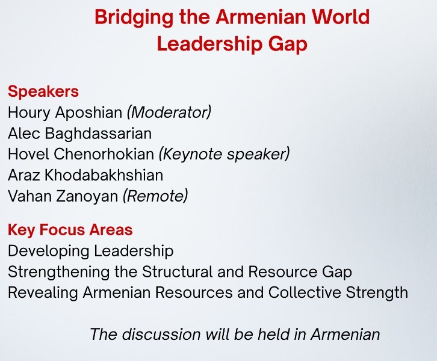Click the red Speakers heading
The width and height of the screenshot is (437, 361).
(43, 91)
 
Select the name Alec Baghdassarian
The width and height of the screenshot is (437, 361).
(79, 133)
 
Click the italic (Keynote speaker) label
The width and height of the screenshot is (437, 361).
(224, 154)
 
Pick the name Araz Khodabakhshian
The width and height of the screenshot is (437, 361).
(85, 175)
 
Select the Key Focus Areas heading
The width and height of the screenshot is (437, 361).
(70, 230)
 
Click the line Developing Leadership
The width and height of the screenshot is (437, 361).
(90, 251)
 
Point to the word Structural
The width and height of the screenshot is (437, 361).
(176, 272)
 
